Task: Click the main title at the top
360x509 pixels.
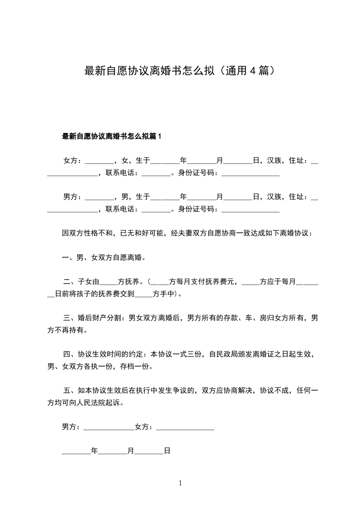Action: tap(180, 71)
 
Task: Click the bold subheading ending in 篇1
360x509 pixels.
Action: tap(112, 136)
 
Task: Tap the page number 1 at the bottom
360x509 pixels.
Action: tap(180, 483)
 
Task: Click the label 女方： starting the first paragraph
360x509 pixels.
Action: tap(73, 161)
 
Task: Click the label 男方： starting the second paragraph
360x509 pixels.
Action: tap(73, 197)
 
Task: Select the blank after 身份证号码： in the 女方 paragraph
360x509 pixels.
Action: tap(250, 174)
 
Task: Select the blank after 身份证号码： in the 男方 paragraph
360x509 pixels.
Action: tap(250, 210)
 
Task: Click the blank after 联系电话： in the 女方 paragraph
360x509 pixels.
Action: tap(156, 174)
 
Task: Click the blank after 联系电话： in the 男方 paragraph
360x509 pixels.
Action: tap(156, 210)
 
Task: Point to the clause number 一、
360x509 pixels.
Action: tap(69, 258)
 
